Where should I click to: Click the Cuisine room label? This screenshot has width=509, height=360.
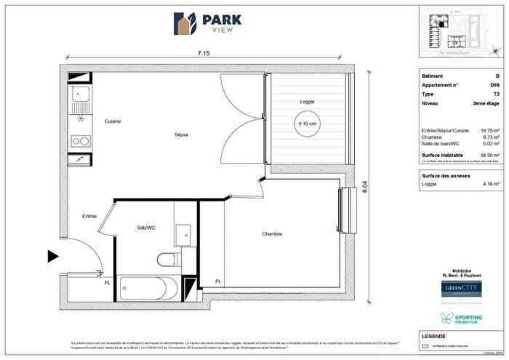(x=112, y=121)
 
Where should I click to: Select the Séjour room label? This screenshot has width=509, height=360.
(x=182, y=135)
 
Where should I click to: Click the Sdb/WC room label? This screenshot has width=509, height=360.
(x=146, y=228)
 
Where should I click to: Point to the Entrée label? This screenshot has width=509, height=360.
(x=89, y=216)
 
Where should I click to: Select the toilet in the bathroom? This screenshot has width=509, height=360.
(x=166, y=258)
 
